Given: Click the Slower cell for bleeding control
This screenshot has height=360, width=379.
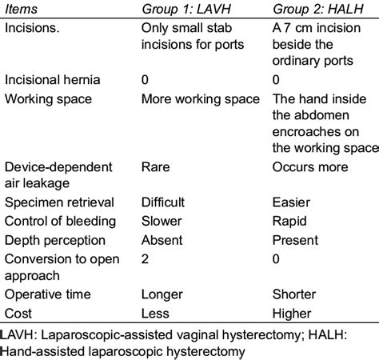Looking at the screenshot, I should pos(162,221).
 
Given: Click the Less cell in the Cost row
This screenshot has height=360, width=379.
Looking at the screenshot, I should pos(155,314).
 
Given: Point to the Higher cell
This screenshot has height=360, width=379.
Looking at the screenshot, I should pos(292,314).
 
